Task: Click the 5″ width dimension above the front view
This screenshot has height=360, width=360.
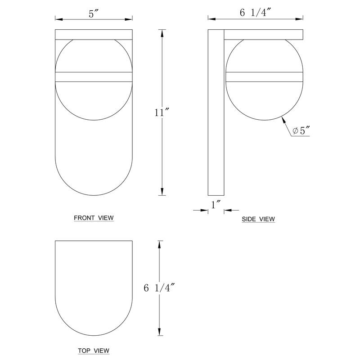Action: [94, 14]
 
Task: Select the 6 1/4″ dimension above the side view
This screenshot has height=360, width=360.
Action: [255, 13]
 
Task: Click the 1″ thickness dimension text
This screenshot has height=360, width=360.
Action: [216, 205]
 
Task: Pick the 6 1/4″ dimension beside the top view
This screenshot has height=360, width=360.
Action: [159, 288]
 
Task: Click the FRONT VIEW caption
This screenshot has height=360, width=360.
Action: [94, 218]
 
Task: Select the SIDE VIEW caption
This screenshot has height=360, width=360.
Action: [258, 219]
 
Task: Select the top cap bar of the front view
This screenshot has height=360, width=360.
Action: [94, 35]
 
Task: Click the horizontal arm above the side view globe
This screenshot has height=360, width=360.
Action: [265, 35]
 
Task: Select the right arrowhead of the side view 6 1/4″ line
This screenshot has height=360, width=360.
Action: [302, 19]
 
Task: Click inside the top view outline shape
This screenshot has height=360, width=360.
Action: [94, 283]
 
